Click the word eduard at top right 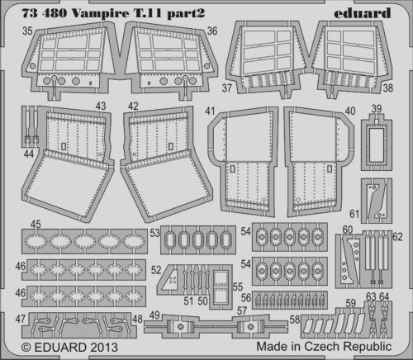click(x=363, y=13)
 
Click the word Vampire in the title click(x=101, y=13)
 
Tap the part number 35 click(x=27, y=31)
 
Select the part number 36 click(x=212, y=31)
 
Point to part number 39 click(x=377, y=109)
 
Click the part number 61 click(x=354, y=214)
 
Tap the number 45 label click(x=36, y=224)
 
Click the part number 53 click(x=154, y=233)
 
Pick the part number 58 click(x=295, y=320)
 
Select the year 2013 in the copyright click(x=104, y=348)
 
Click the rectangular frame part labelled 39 click(x=377, y=144)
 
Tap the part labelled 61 click(x=377, y=201)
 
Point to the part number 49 click(x=154, y=315)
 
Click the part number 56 click(x=246, y=298)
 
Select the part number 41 click(x=210, y=111)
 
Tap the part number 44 click(x=29, y=154)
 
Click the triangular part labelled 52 click(x=171, y=280)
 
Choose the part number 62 click(x=397, y=237)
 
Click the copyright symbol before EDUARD click(x=26, y=348)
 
